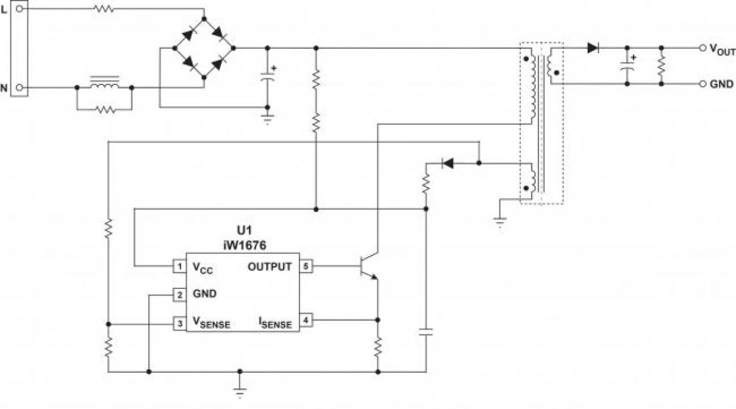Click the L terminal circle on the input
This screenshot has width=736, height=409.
click(20, 9)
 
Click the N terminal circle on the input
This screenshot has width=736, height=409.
click(20, 87)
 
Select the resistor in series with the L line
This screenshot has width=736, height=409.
click(104, 9)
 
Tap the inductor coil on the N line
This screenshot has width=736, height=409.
click(104, 85)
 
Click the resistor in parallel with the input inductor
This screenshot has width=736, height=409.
click(104, 109)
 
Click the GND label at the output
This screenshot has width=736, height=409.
click(721, 84)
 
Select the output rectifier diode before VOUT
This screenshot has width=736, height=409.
click(593, 48)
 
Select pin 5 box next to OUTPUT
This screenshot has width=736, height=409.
click(306, 266)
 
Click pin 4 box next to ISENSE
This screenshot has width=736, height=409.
click(306, 320)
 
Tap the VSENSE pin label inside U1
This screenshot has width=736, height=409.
click(211, 323)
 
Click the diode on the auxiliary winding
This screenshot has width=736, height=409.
click(448, 163)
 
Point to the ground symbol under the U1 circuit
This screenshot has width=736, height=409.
click(240, 390)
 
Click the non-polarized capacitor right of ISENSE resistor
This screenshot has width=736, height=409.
click(426, 332)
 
